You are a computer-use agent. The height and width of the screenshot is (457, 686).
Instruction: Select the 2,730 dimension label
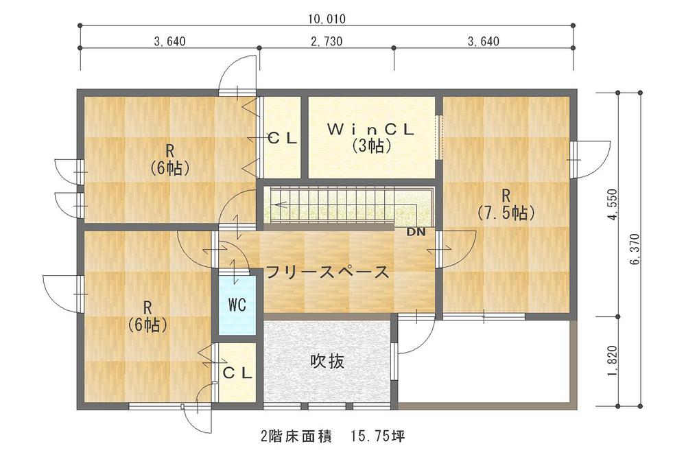click(x=327, y=41)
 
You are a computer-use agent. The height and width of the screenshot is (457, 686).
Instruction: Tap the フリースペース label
click(x=327, y=272)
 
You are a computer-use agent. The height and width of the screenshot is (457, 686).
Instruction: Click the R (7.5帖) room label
click(x=506, y=203)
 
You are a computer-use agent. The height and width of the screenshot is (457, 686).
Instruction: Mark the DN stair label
click(x=416, y=232)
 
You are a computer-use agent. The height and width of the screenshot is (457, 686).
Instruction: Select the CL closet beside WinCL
click(x=282, y=137)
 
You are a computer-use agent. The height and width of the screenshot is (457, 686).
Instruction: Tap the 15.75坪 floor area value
click(x=380, y=436)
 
